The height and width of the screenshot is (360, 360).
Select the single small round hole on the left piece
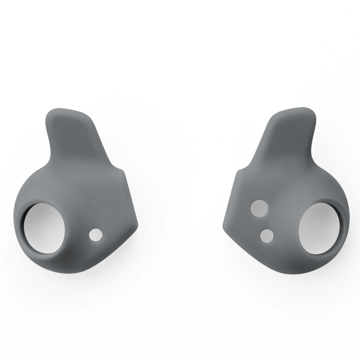[95, 235]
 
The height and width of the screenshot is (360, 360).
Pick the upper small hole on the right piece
[259, 208]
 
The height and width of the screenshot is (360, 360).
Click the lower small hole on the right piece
[267, 236]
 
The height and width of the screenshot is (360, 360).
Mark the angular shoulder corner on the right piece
[238, 171]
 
